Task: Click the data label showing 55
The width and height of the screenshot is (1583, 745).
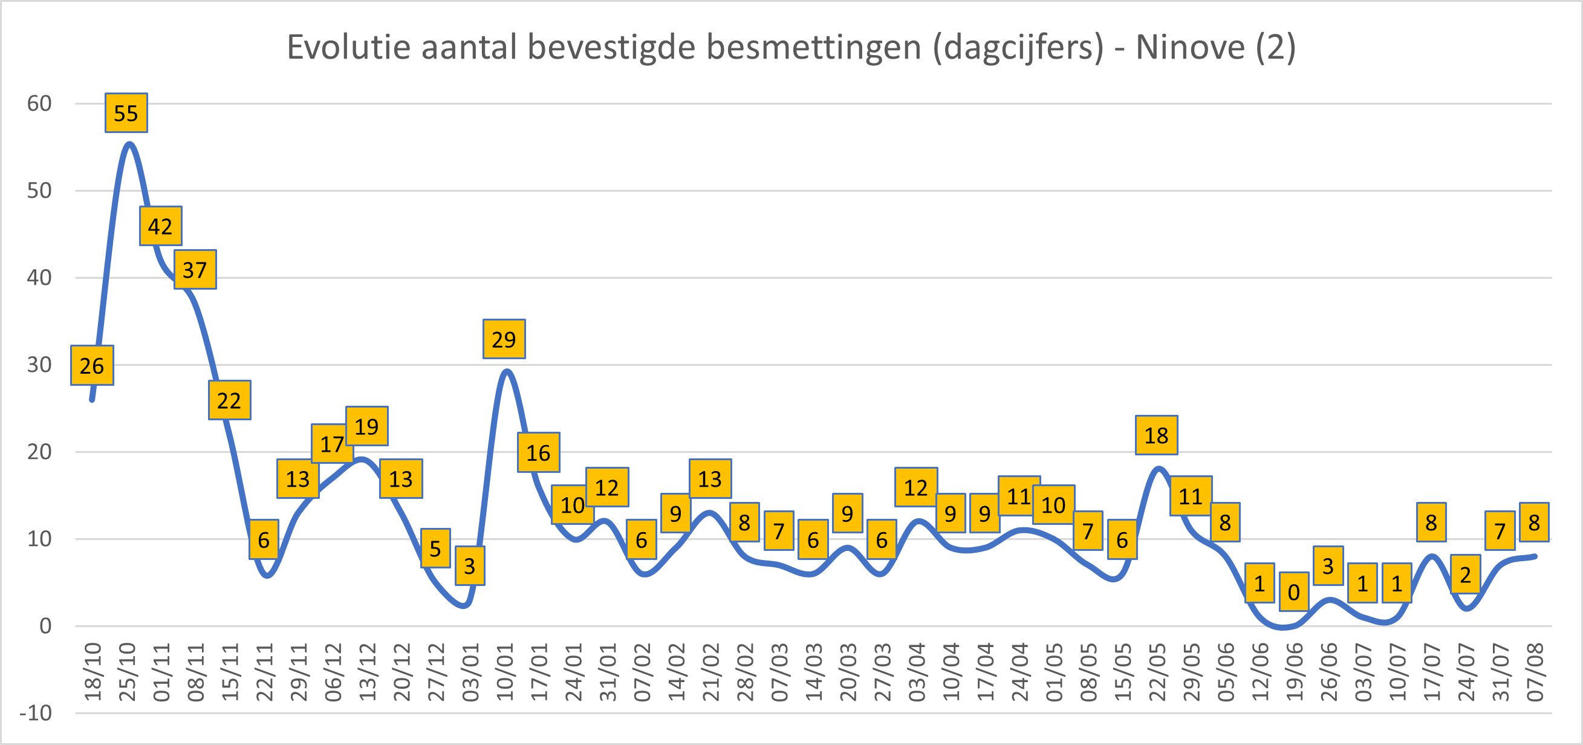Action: [126, 113]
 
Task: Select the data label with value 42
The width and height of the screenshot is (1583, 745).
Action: [160, 226]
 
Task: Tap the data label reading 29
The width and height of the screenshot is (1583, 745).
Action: [504, 339]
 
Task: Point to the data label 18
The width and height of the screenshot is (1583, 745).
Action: [1156, 435]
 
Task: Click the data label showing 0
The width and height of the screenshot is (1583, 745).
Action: [1293, 592]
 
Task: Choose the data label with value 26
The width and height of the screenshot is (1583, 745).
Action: [91, 366]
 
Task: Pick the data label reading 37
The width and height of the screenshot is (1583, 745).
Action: [195, 270]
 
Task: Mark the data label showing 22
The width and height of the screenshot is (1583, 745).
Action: [229, 401]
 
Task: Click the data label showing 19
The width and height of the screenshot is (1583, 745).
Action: [367, 426]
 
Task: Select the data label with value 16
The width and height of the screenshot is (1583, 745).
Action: [538, 453]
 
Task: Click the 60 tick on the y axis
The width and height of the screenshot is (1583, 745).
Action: [39, 104]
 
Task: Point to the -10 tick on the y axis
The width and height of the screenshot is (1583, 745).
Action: [36, 714]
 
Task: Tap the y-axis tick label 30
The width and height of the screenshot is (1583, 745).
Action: [39, 365]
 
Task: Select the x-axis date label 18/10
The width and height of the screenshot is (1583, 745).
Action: [93, 672]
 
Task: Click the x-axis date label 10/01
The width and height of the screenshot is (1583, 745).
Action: [505, 672]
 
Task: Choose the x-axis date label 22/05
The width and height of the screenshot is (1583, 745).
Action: [1157, 672]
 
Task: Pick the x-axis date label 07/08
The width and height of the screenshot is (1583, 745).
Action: [1535, 672]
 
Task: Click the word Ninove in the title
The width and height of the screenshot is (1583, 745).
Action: [1190, 47]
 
